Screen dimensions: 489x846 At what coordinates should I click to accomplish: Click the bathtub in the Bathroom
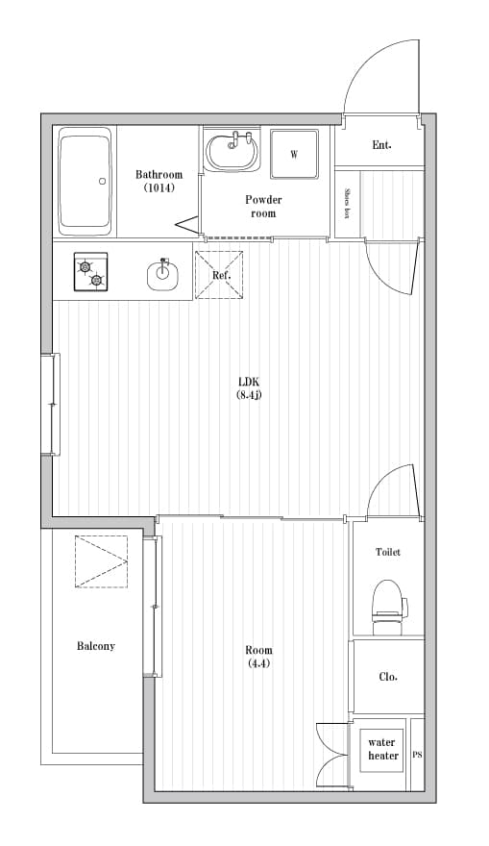tap(86, 182)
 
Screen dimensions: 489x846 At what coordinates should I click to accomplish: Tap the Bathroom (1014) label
tap(159, 181)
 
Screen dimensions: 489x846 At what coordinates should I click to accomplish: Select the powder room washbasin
tap(232, 151)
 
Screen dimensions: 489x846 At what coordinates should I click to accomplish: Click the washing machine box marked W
tap(294, 155)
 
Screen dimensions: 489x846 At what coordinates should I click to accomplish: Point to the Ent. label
tap(381, 144)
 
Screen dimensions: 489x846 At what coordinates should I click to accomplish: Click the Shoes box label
tap(348, 203)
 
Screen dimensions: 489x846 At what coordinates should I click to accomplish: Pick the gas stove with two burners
tap(90, 272)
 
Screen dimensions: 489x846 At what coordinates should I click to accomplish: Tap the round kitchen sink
tap(162, 274)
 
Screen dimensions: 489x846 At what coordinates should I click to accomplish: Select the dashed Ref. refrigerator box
tap(219, 275)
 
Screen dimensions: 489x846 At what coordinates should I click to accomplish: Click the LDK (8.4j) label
tap(249, 388)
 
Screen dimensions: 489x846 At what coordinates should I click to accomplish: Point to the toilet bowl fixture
tap(387, 607)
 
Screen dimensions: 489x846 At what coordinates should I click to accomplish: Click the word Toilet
tap(388, 552)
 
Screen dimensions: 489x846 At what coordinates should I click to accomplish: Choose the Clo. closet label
tap(388, 677)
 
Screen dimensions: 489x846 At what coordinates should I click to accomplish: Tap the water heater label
tap(383, 749)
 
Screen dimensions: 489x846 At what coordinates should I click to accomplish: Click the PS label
tap(417, 755)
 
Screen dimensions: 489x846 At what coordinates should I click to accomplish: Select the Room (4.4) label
tap(258, 657)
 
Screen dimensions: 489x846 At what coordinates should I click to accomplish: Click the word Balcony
tap(96, 646)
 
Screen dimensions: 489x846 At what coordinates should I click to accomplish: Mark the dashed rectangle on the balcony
tap(102, 561)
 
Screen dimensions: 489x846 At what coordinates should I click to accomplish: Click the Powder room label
tap(263, 206)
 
